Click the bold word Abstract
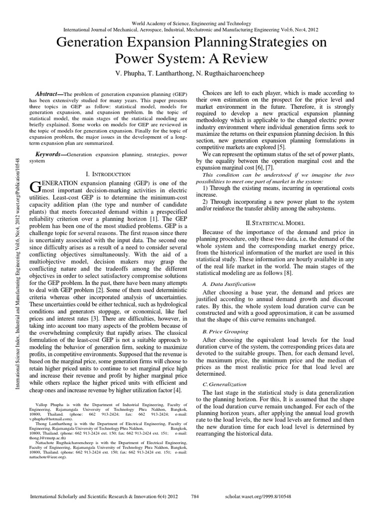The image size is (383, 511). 47,93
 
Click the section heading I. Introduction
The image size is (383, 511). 108,174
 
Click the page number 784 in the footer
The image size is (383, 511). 196,497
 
